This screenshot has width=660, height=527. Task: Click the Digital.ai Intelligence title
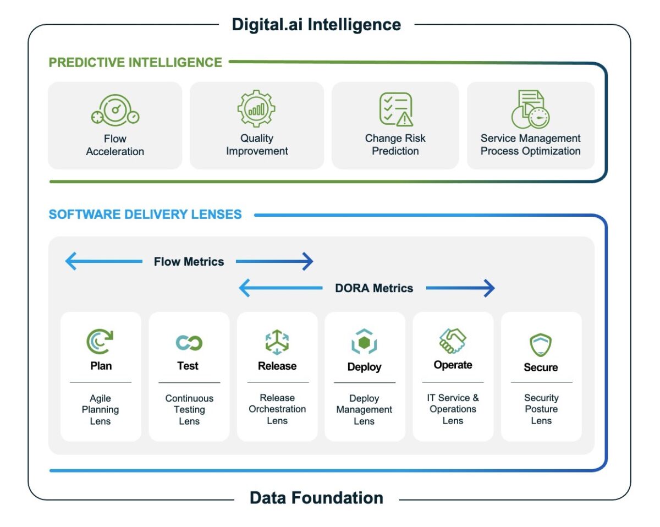(316, 25)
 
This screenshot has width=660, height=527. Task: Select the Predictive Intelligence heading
(135, 63)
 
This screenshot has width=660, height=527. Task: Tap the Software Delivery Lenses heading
(145, 215)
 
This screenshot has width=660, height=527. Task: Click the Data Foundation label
(316, 498)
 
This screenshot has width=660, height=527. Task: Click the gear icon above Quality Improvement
(256, 109)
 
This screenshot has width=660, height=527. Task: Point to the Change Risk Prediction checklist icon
(395, 109)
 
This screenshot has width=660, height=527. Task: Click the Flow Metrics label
(189, 262)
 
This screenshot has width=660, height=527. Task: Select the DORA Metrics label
(374, 288)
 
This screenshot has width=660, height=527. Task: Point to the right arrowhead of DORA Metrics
(489, 288)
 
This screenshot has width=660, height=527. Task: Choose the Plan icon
(100, 342)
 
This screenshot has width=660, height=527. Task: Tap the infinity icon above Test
(189, 343)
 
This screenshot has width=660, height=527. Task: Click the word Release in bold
(277, 366)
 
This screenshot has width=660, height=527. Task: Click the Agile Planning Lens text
(100, 410)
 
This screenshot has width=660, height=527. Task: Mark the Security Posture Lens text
(541, 409)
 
